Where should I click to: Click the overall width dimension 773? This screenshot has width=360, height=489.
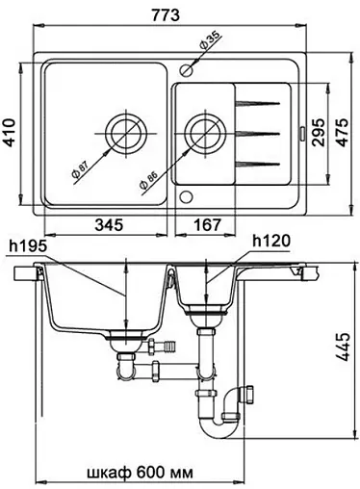pyautogui.click(x=166, y=14)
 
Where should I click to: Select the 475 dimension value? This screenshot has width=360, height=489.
pyautogui.click(x=343, y=133)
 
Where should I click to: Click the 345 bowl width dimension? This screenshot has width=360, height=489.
pyautogui.click(x=109, y=224)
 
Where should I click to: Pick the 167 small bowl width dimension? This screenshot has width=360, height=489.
pyautogui.click(x=208, y=224)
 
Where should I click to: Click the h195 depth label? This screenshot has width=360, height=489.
pyautogui.click(x=28, y=246)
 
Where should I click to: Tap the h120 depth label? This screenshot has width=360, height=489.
pyautogui.click(x=271, y=241)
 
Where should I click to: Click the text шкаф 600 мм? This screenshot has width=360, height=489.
pyautogui.click(x=140, y=473)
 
